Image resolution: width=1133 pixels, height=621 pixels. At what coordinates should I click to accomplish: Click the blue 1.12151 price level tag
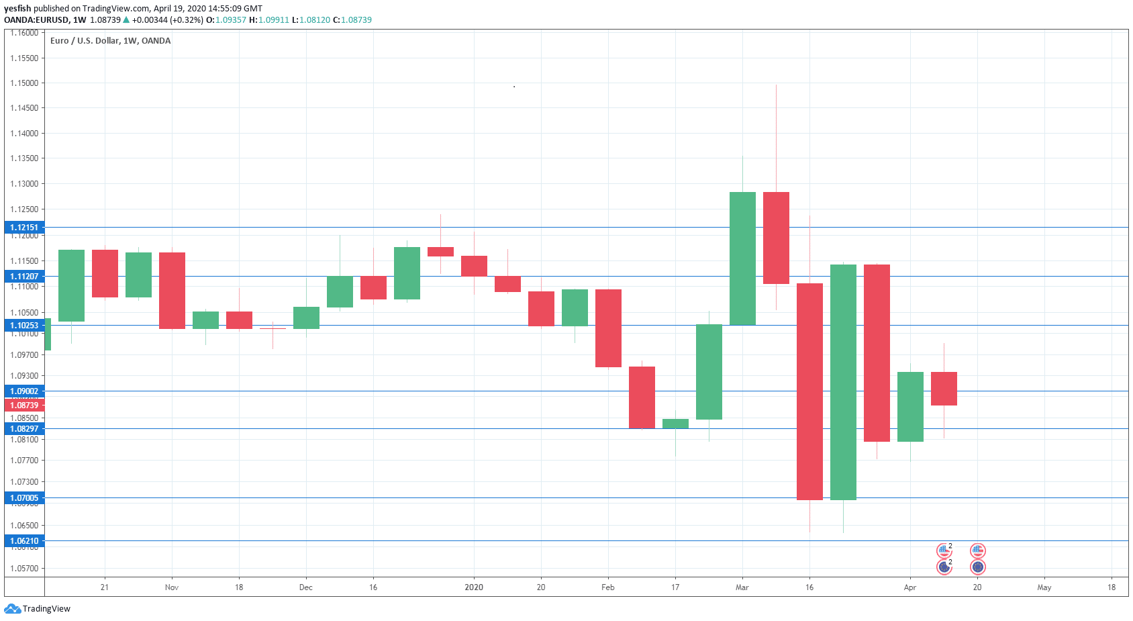[24, 228]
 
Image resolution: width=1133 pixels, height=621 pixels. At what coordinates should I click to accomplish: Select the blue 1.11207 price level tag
[24, 277]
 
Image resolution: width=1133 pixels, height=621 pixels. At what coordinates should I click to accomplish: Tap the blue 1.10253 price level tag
[24, 326]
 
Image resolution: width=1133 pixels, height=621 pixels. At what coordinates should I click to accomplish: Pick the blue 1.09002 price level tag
[24, 391]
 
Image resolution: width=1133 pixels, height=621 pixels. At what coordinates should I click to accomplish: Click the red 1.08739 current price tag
[24, 405]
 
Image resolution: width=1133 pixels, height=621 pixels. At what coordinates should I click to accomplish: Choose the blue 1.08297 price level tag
[24, 429]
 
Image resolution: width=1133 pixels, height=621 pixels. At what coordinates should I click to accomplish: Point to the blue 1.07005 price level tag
[24, 498]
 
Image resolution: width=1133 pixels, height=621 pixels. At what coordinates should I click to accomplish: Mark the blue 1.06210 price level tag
[24, 541]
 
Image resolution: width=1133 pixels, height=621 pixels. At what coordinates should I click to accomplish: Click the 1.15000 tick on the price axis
[24, 83]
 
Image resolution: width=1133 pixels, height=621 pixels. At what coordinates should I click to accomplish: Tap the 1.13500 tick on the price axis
[24, 158]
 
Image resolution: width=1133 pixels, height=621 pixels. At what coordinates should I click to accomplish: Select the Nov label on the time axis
[172, 587]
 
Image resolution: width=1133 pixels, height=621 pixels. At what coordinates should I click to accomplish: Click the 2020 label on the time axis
[474, 587]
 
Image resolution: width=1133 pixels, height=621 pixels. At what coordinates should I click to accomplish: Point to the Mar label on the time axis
[742, 587]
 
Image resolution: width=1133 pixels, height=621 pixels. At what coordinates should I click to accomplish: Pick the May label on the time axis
[1044, 587]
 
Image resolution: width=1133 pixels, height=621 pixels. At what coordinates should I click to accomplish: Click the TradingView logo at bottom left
[38, 609]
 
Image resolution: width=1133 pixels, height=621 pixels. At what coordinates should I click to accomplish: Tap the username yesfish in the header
[17, 9]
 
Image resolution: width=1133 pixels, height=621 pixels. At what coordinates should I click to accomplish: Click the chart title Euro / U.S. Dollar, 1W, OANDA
[110, 41]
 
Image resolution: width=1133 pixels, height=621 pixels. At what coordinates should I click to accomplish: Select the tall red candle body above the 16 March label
[809, 391]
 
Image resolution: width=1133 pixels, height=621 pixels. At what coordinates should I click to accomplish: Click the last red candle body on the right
[944, 389]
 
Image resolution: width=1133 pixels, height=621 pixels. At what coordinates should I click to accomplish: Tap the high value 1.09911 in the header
[274, 20]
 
